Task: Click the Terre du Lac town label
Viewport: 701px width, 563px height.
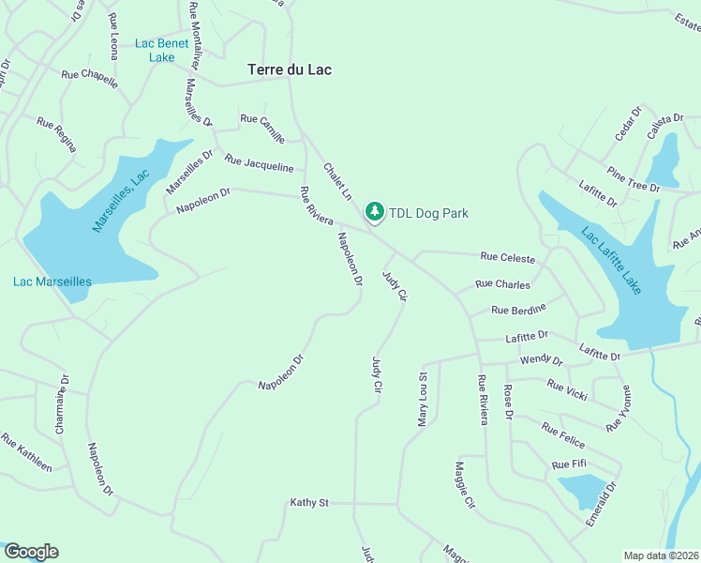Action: (290, 69)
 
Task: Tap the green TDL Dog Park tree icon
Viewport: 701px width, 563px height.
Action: (375, 213)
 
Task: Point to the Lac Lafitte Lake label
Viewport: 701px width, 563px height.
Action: (611, 261)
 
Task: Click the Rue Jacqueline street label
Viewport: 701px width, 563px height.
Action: (259, 163)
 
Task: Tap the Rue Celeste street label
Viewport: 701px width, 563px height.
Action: (507, 258)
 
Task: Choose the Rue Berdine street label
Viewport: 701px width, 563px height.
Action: (518, 309)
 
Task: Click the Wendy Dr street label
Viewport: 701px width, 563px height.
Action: (541, 360)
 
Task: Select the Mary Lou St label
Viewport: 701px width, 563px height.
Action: (423, 400)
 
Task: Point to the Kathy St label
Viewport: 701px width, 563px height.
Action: (308, 503)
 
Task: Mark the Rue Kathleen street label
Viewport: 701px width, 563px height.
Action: (26, 451)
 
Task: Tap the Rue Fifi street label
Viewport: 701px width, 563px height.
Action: (569, 464)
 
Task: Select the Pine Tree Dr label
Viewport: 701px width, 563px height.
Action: (634, 179)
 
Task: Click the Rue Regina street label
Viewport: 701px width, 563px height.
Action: (56, 134)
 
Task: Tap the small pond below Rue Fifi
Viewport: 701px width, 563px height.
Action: (583, 490)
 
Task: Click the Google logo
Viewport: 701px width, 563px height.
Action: (30, 552)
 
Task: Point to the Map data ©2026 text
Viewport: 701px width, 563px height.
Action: (662, 555)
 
